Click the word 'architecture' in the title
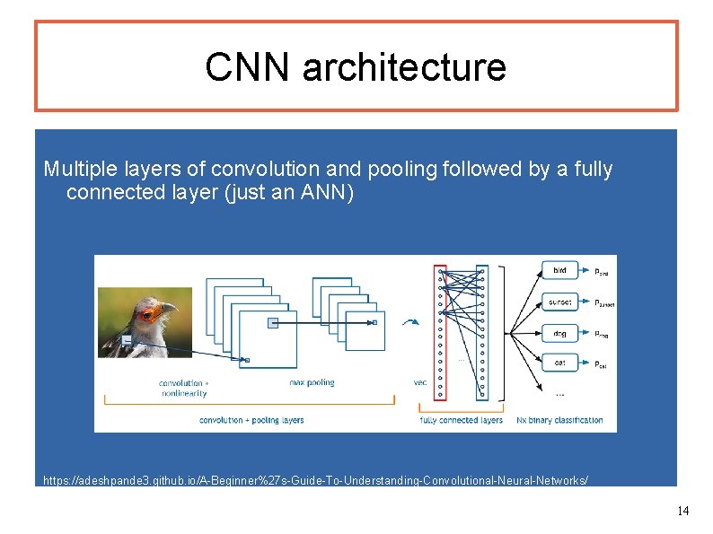click(404, 67)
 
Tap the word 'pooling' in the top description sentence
click(404, 169)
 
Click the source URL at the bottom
click(316, 480)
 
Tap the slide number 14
click(682, 511)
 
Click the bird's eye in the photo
click(147, 312)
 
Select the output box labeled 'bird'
click(559, 270)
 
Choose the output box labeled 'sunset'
click(559, 302)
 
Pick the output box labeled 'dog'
click(559, 334)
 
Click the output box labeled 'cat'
click(559, 363)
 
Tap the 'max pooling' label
click(312, 382)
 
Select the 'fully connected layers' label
click(462, 420)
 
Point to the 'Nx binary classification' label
click(560, 420)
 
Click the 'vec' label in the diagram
click(420, 382)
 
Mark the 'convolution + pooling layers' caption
click(251, 420)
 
